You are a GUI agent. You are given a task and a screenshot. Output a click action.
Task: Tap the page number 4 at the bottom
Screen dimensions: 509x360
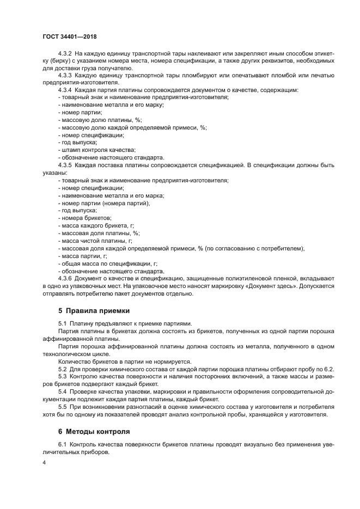tap(44, 463)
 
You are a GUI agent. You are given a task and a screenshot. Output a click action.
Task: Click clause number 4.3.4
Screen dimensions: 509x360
tap(65, 89)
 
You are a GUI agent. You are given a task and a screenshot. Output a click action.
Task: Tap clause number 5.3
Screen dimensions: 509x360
tap(62, 377)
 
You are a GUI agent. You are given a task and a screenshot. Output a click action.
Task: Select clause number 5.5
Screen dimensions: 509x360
tap(62, 407)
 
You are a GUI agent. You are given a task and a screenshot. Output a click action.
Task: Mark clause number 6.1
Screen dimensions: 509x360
tap(62, 445)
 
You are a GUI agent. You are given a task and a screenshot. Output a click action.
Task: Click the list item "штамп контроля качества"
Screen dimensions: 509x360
tap(96, 150)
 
